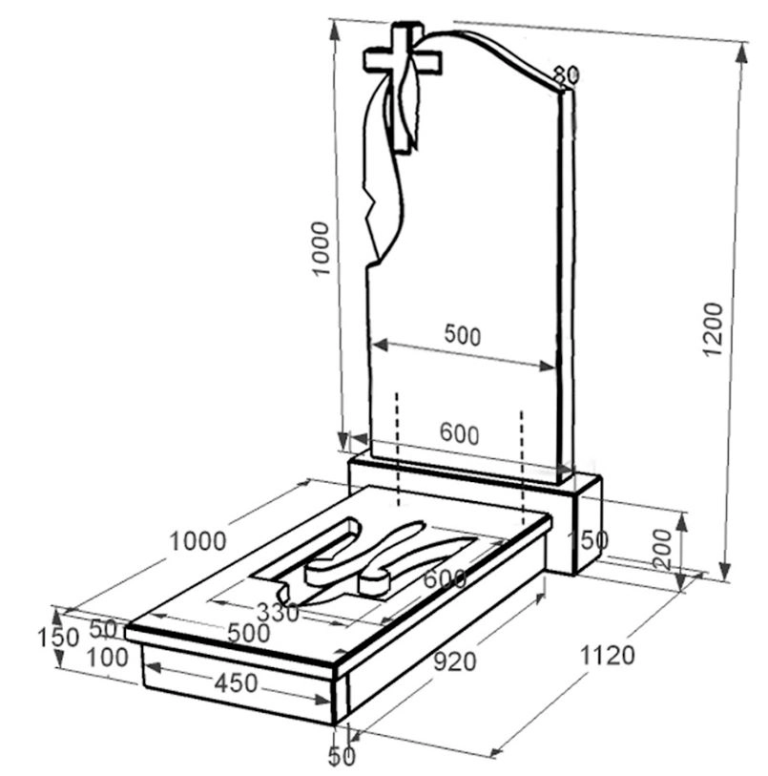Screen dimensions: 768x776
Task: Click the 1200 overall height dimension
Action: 713,328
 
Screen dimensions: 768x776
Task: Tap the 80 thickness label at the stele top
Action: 567,75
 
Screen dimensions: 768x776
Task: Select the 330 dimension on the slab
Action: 278,613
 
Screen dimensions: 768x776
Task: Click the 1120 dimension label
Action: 607,656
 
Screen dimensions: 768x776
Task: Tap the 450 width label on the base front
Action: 236,683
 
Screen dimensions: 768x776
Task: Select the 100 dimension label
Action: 107,658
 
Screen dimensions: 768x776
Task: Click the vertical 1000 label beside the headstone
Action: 321,248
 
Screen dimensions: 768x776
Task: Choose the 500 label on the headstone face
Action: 463,335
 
